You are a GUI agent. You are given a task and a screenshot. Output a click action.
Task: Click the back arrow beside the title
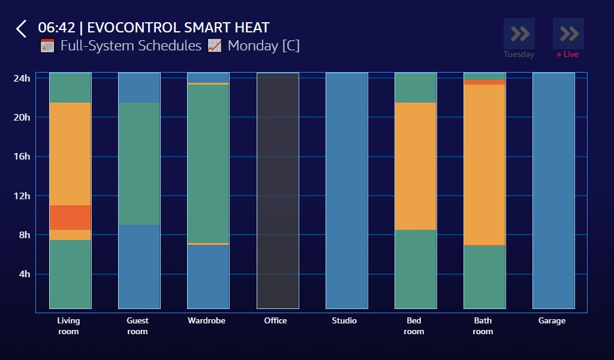22,29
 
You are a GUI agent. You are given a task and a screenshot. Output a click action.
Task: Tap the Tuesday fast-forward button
519,34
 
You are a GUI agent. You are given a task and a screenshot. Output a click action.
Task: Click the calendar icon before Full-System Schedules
47,46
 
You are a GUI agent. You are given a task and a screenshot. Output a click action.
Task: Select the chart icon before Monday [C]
215,46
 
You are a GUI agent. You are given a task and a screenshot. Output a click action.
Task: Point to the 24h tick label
22,78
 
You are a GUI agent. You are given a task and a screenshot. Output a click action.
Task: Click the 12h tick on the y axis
22,196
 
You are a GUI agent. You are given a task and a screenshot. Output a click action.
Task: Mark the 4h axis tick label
25,274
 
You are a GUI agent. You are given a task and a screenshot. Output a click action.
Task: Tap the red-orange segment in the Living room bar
70,217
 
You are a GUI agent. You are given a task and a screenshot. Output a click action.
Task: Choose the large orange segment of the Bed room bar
416,166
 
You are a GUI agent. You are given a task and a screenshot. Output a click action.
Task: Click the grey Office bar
278,191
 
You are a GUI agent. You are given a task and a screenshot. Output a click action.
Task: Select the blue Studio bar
347,191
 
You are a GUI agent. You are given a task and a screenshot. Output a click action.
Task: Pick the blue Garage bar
553,191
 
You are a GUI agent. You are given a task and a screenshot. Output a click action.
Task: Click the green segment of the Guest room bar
139,164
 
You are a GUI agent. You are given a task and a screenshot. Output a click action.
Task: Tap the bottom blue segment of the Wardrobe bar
208,277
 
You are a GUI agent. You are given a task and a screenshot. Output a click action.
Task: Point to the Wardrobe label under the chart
206,321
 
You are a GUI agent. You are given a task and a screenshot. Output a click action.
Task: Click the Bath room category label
483,326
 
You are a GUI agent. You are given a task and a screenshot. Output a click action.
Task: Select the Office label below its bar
276,321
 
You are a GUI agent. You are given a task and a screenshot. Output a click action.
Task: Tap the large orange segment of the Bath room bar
484,164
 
